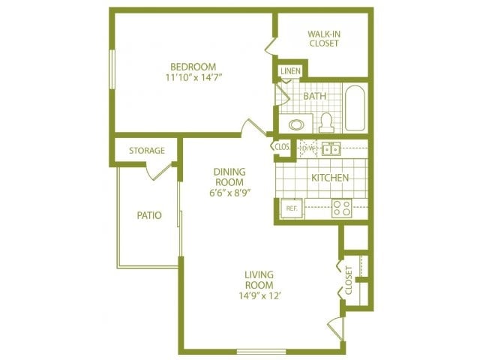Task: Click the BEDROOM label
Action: click(x=193, y=66)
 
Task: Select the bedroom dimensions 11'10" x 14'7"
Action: click(x=193, y=77)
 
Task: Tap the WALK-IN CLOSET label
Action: click(x=323, y=38)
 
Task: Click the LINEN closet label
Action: click(x=290, y=71)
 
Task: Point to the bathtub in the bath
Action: click(x=355, y=109)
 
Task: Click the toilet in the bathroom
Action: click(x=325, y=121)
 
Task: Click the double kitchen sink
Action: click(x=331, y=148)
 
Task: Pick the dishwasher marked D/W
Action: click(x=306, y=148)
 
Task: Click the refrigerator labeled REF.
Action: click(x=290, y=208)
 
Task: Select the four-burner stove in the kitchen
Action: click(x=342, y=208)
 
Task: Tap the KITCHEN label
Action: click(x=330, y=178)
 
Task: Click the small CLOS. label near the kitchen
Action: click(x=283, y=147)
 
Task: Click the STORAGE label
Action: click(x=146, y=151)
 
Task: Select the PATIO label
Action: click(x=149, y=215)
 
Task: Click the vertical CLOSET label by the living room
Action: click(x=349, y=279)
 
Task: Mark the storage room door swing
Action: click(x=160, y=171)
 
